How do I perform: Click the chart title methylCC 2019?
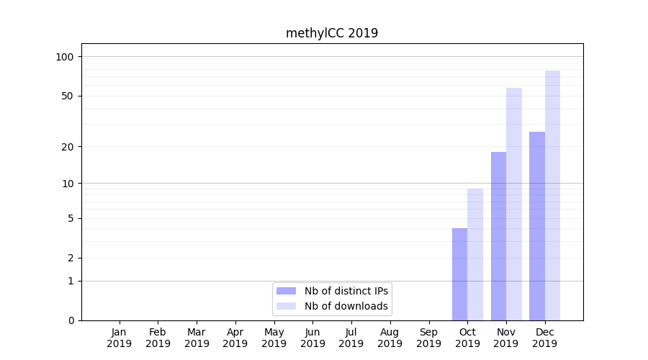(x=331, y=33)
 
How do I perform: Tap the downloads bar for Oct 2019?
(x=475, y=254)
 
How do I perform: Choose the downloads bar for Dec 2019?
(x=552, y=195)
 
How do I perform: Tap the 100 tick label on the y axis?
(x=65, y=57)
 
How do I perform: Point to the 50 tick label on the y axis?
(x=68, y=96)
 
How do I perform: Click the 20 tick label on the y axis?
(x=68, y=147)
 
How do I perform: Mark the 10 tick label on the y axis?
(x=68, y=184)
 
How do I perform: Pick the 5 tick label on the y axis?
(x=71, y=219)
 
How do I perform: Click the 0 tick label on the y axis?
(x=71, y=320)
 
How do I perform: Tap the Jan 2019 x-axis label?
(x=120, y=338)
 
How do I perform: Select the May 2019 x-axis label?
(x=274, y=338)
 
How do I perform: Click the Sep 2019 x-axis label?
(x=428, y=338)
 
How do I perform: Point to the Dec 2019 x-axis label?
(x=544, y=338)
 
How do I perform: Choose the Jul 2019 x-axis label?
(x=351, y=338)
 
